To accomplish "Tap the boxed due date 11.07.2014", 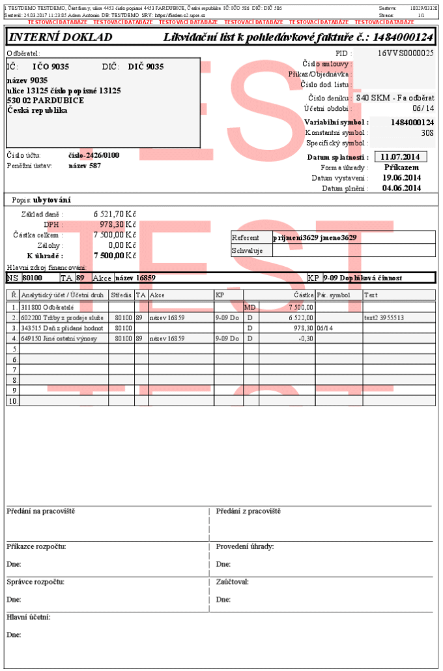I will tap(401, 157).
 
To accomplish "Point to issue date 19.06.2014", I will tap(401, 177).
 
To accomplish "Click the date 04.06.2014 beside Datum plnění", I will tap(401, 188).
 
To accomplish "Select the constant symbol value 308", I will tap(427, 132).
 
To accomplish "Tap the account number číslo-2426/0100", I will tap(94, 155).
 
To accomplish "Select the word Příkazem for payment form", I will tap(402, 167).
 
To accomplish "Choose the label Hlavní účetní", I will tap(29, 617).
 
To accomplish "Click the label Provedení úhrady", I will tap(244, 546).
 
